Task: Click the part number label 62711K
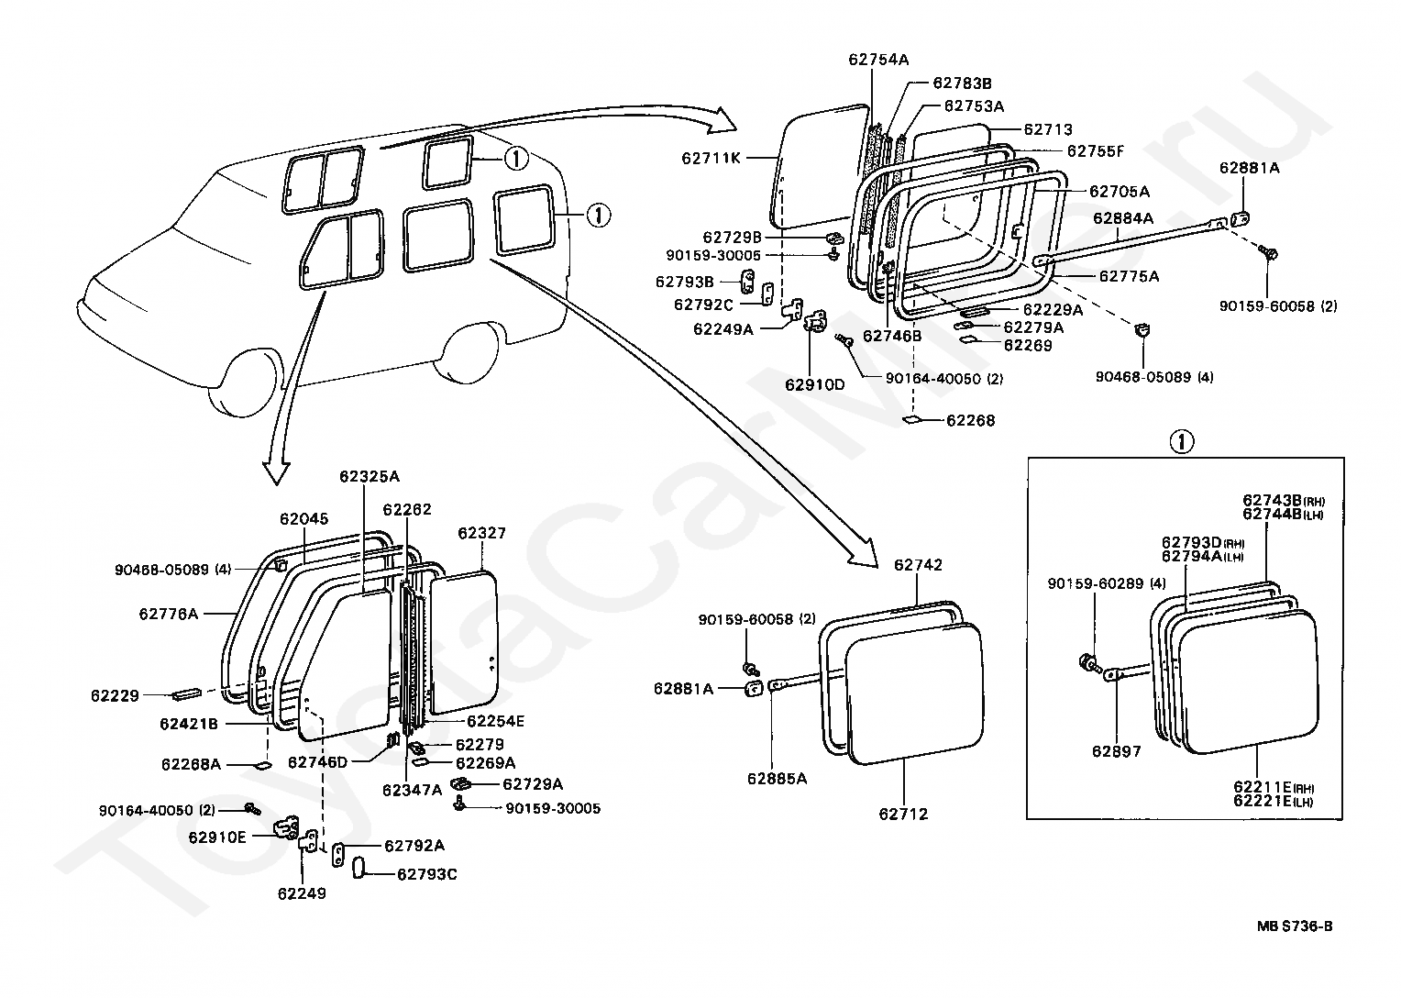pos(711,157)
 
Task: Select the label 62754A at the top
pos(877,60)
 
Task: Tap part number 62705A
pos(1119,192)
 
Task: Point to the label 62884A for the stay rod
pos(1122,218)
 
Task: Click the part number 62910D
pos(814,384)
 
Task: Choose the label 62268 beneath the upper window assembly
pos(971,421)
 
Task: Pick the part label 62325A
pos(370,476)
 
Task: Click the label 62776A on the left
pos(169,614)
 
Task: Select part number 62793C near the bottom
pos(426,874)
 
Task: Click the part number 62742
pos(918,565)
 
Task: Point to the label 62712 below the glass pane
pos(903,814)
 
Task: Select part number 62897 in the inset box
pos(1116,751)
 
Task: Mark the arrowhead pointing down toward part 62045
pos(276,470)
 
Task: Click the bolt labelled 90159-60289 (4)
pos(1087,660)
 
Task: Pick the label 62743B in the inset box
pos(1273,500)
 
